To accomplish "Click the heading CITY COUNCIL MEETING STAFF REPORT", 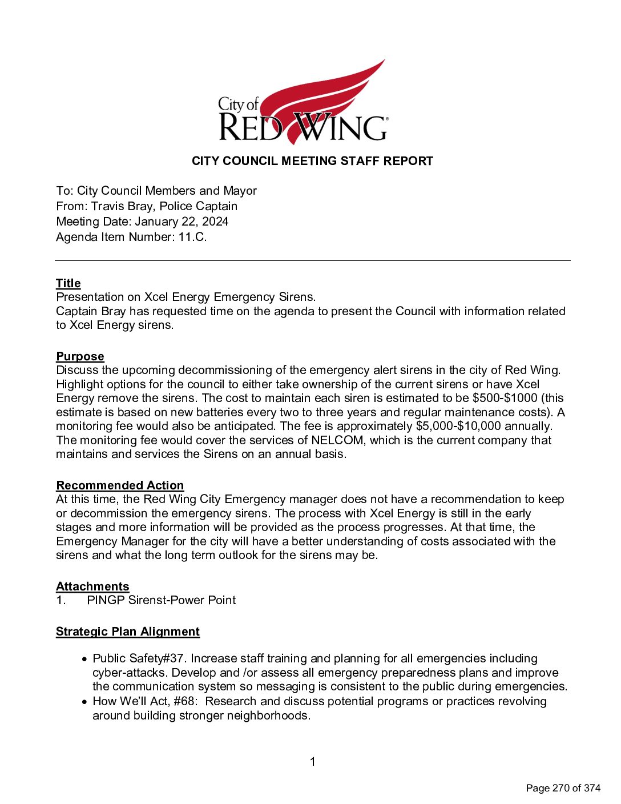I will (x=312, y=161).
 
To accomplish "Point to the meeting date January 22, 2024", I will (x=182, y=222).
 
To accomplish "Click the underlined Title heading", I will (x=68, y=283).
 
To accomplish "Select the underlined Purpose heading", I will (x=80, y=356).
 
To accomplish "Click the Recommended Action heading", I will (x=120, y=485).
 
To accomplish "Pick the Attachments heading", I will (x=92, y=586).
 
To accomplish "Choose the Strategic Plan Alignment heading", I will (x=128, y=632).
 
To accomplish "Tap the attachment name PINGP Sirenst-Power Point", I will (x=161, y=600).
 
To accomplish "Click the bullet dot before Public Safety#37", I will (x=84, y=660).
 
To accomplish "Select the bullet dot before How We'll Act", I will (x=84, y=702).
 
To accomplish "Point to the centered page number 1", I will (x=312, y=762).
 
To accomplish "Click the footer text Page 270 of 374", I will (x=563, y=788).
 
